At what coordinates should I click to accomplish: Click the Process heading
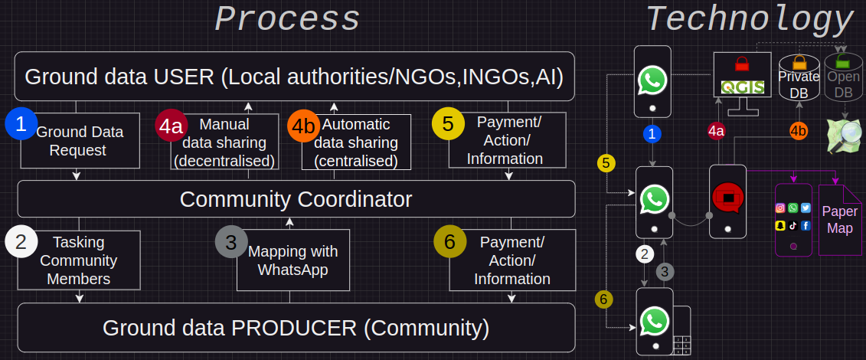click(x=287, y=20)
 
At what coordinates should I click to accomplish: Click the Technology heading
click(x=750, y=19)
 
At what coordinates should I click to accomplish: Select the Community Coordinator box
click(x=296, y=199)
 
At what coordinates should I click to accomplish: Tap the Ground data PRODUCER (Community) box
click(x=296, y=328)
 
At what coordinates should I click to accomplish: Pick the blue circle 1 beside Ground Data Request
click(x=21, y=125)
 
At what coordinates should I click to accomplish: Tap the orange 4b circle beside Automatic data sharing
click(x=303, y=126)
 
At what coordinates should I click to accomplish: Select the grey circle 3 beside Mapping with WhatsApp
click(x=230, y=242)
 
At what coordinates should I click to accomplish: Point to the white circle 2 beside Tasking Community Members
click(x=21, y=242)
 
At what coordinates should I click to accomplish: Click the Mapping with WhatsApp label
click(x=293, y=260)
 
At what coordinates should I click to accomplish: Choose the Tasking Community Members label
click(x=79, y=260)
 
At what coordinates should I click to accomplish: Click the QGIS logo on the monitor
click(x=743, y=87)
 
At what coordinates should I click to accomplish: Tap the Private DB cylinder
click(x=799, y=80)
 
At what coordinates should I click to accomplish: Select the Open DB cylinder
click(x=843, y=80)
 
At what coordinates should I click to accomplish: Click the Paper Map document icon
click(x=840, y=219)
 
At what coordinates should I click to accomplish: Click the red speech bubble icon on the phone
click(x=728, y=198)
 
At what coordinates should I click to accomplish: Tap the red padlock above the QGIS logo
click(x=741, y=64)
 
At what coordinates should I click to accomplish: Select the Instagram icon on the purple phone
click(x=781, y=208)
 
